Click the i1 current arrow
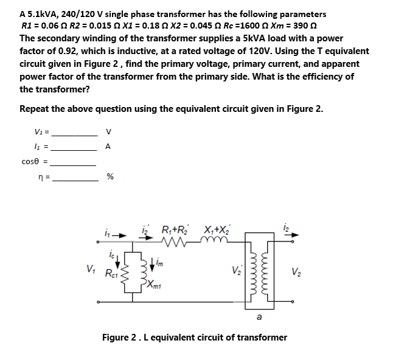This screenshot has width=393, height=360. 121,233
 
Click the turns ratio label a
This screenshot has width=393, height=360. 259,316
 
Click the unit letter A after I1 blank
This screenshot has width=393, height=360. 108,147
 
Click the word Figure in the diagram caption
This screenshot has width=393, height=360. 115,336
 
